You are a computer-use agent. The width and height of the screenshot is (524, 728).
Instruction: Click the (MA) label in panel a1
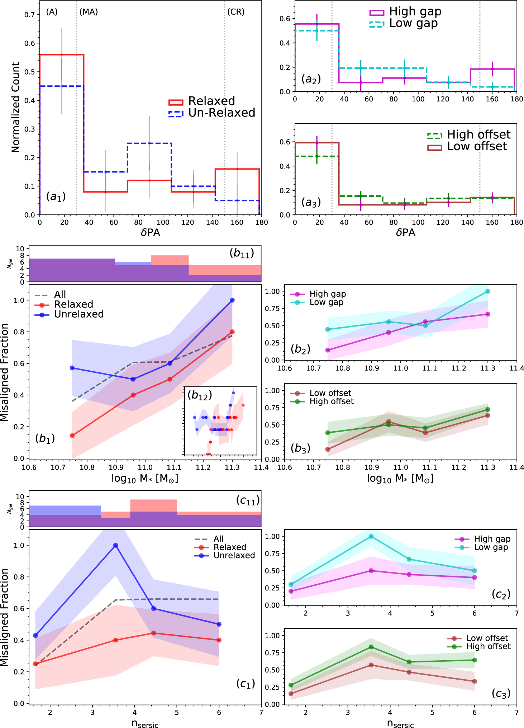coord(89,12)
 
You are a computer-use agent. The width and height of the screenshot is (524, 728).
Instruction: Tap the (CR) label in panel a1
coord(236,12)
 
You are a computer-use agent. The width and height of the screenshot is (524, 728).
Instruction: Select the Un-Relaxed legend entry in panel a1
coord(221,113)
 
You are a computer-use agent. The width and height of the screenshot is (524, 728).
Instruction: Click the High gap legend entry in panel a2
coord(415,11)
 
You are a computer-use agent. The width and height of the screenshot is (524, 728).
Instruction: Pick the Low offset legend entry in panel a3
coord(477,146)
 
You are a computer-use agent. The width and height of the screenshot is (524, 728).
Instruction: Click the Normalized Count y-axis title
coord(15,108)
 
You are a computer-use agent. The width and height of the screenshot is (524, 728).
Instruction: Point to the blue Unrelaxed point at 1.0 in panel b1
coord(232,300)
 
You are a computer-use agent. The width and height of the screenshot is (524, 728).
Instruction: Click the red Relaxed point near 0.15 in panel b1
coord(72,436)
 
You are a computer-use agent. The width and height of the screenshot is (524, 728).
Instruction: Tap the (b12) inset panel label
coord(200,395)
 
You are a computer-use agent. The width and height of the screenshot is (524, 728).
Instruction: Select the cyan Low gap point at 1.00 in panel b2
coord(488,291)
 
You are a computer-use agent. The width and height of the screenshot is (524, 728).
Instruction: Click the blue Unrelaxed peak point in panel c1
coord(115,545)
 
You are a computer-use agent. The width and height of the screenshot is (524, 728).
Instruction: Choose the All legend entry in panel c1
coord(218,539)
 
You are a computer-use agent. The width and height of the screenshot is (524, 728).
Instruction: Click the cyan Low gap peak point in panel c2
coord(371,536)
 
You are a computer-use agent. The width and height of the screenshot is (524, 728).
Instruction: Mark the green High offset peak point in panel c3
coord(371,647)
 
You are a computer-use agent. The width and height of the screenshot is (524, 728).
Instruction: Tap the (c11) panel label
coord(248,500)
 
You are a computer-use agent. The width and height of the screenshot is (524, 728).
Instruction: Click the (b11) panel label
coord(242,253)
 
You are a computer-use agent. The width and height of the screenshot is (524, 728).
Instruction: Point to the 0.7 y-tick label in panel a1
coord(30,15)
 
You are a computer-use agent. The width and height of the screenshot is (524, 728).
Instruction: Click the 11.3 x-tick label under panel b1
coord(232,467)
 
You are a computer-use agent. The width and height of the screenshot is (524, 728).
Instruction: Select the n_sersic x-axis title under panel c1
coord(145,723)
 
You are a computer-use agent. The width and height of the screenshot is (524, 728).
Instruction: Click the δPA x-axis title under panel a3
coord(405,233)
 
